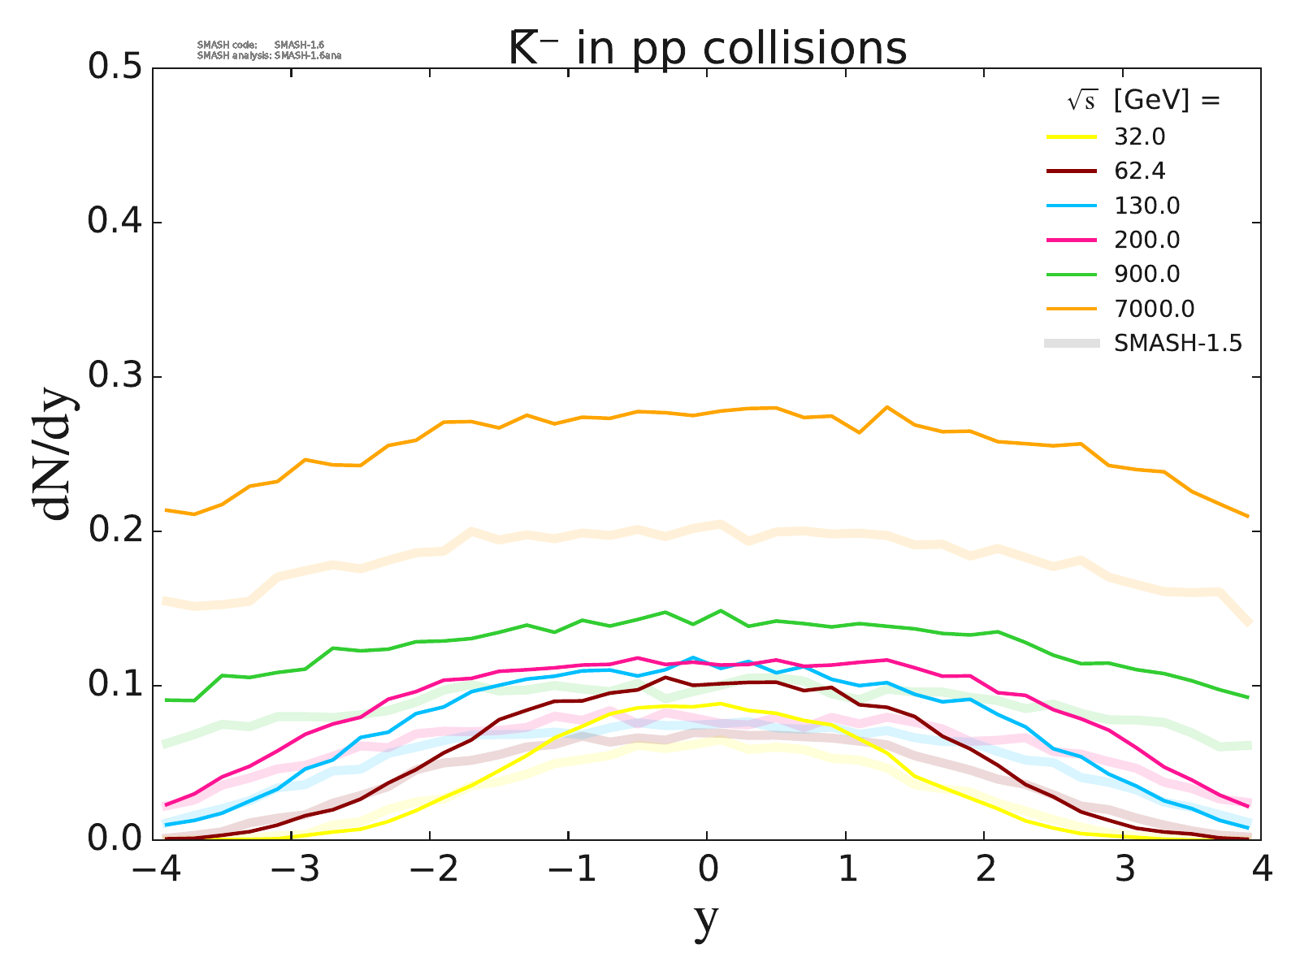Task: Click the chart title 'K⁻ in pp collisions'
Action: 707,49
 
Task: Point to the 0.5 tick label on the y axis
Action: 119,68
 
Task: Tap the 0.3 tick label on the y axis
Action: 119,377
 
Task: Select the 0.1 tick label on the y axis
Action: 119,685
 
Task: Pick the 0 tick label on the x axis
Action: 708,871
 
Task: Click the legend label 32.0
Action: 1140,136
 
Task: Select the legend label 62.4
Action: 1140,171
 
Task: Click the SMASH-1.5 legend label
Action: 1178,344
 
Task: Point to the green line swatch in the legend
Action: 1072,275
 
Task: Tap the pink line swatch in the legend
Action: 1072,240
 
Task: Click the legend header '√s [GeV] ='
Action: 1144,101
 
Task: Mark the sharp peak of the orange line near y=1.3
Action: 887,406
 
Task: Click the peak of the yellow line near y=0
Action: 721,704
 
